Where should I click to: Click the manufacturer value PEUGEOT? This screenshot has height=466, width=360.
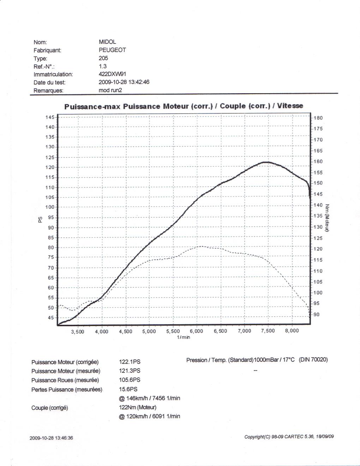pos(112,50)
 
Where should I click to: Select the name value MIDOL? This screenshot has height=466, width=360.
pos(107,42)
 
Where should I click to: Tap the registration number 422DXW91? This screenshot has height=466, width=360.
pos(112,74)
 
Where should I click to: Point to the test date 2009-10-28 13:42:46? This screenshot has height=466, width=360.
pos(124,82)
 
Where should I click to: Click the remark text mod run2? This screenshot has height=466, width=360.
pos(110,90)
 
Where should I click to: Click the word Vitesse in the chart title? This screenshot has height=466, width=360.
pos(290,106)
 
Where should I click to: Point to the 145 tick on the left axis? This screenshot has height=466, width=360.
pos(50,117)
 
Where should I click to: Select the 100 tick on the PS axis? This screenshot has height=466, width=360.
pos(50,207)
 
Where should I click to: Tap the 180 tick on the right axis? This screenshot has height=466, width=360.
pos(318,118)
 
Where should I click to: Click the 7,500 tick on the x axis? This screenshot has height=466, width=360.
pos(268,331)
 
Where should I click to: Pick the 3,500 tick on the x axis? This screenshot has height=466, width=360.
pos(78,331)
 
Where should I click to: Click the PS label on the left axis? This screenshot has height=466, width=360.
pos(40,220)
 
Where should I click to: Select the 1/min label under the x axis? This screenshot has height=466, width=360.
pos(184,337)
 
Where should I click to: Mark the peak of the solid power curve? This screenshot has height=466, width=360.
pos(266,162)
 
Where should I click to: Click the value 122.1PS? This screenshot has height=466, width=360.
pos(130,362)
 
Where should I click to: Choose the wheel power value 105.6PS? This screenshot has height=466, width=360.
pos(130,380)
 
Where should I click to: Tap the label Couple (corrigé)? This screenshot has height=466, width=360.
pos(50,408)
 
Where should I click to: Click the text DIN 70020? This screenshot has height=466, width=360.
pos(313,360)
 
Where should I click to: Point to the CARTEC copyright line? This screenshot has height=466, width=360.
pos(289,437)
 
